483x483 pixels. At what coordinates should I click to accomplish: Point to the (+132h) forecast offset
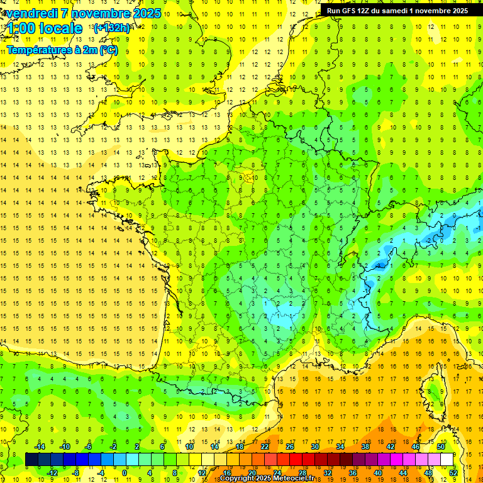coord(111,28)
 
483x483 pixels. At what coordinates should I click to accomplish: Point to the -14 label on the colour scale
coord(42,447)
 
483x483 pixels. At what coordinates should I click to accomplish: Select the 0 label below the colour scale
coord(125,472)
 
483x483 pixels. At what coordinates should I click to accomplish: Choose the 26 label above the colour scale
coord(290,447)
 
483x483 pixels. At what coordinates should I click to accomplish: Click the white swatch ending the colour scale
coord(447,459)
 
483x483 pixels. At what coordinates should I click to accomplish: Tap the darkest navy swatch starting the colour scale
coord(31,459)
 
